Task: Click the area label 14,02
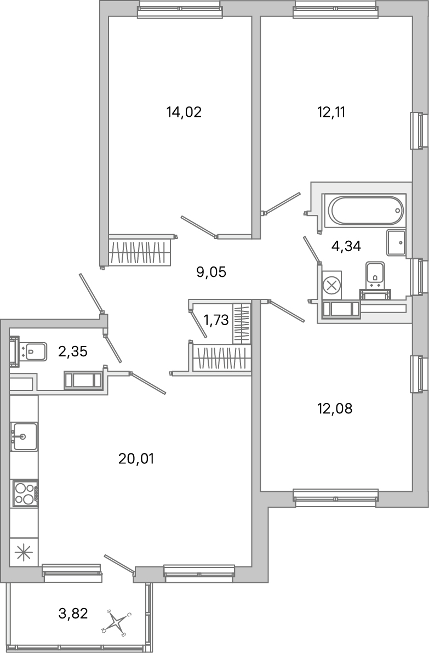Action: click(x=184, y=112)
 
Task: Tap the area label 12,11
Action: click(x=331, y=112)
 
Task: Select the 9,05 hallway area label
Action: click(x=211, y=271)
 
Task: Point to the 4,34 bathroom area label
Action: click(x=346, y=246)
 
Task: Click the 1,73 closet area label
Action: click(x=215, y=320)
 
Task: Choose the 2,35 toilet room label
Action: click(x=72, y=351)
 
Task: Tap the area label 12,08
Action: click(x=334, y=408)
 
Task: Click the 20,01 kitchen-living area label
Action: click(x=136, y=458)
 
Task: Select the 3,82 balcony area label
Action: click(x=73, y=613)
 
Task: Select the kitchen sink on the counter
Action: click(x=24, y=436)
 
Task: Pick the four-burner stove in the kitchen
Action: click(x=25, y=493)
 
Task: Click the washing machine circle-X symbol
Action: click(x=331, y=285)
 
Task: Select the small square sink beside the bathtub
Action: click(x=396, y=242)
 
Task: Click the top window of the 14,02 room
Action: click(x=180, y=9)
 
